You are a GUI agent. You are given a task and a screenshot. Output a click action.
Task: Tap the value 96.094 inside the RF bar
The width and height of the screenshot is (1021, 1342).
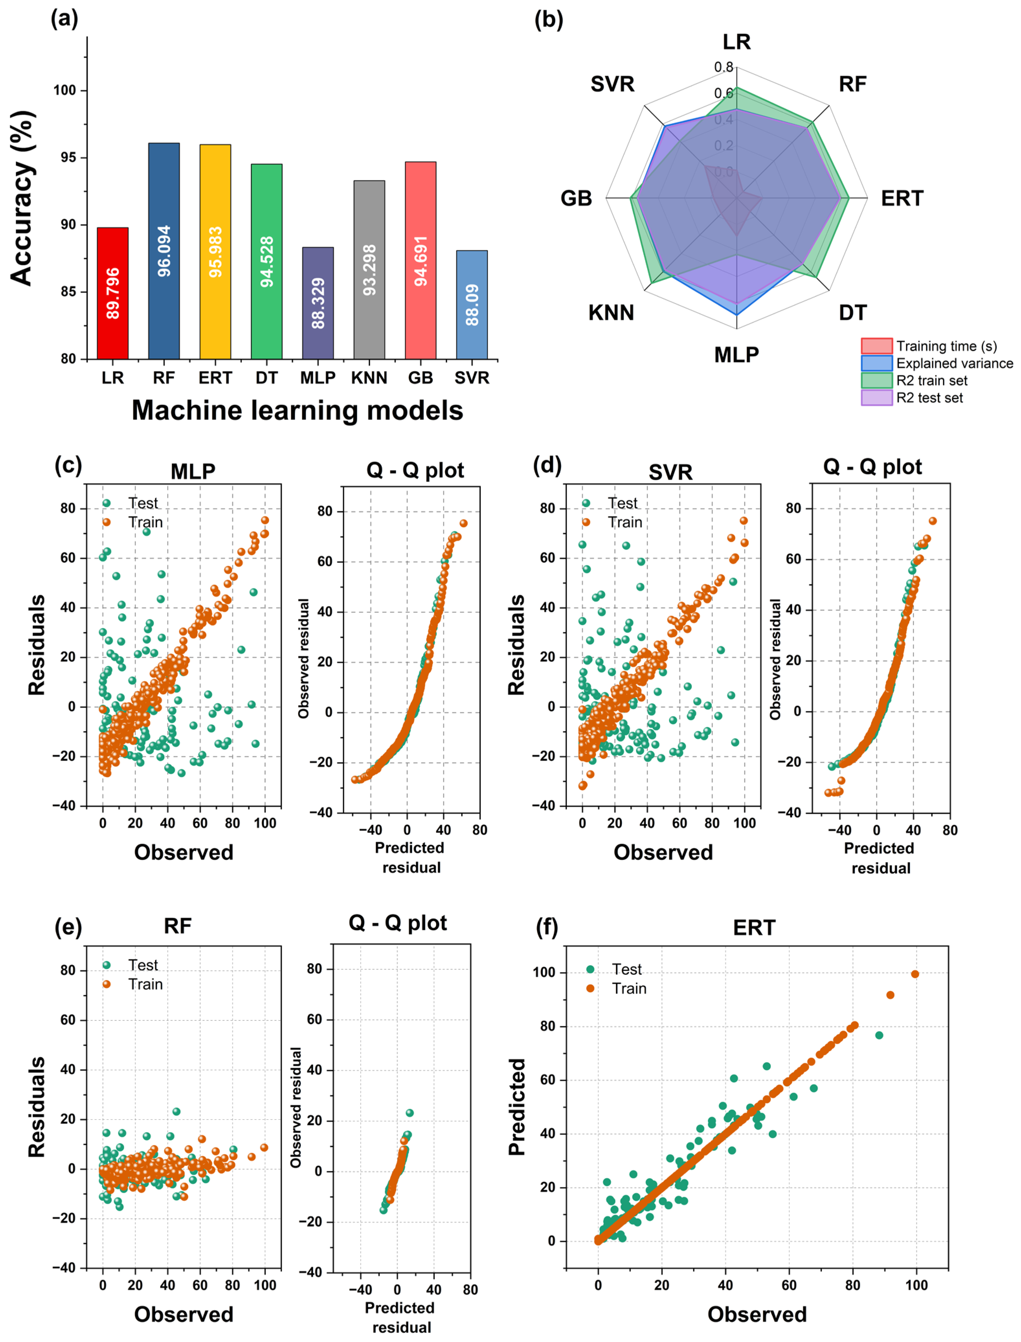164,251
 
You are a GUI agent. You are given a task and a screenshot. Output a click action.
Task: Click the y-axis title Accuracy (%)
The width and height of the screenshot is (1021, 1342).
22,198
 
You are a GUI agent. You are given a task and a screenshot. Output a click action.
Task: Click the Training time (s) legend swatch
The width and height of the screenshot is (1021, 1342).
876,346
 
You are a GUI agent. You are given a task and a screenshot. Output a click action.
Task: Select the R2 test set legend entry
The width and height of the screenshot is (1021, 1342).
929,398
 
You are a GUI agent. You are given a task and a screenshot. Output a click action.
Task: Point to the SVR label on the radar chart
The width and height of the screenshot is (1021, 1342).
612,84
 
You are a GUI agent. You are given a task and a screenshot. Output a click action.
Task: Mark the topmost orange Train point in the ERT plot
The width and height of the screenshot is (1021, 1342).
914,974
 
